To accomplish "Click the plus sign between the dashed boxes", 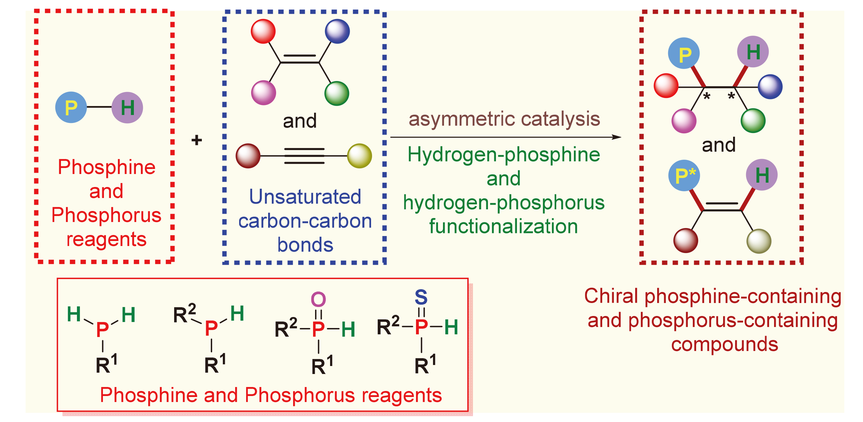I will (197, 140).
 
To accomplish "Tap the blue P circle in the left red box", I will (71, 107).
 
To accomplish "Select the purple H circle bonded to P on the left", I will (127, 108).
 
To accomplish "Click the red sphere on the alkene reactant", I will (263, 31).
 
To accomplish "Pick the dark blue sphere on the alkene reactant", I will (337, 31).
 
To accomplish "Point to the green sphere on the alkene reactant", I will (337, 93).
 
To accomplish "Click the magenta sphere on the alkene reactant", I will (264, 93).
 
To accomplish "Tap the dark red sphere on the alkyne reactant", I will (248, 156).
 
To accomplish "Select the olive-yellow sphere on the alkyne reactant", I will (359, 156).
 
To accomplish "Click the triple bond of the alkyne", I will (304, 156).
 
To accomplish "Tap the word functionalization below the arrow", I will (504, 226).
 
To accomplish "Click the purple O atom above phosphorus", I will (318, 299).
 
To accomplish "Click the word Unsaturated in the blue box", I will (305, 197).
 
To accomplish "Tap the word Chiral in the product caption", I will (611, 296).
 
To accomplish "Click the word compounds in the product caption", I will (724, 344).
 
